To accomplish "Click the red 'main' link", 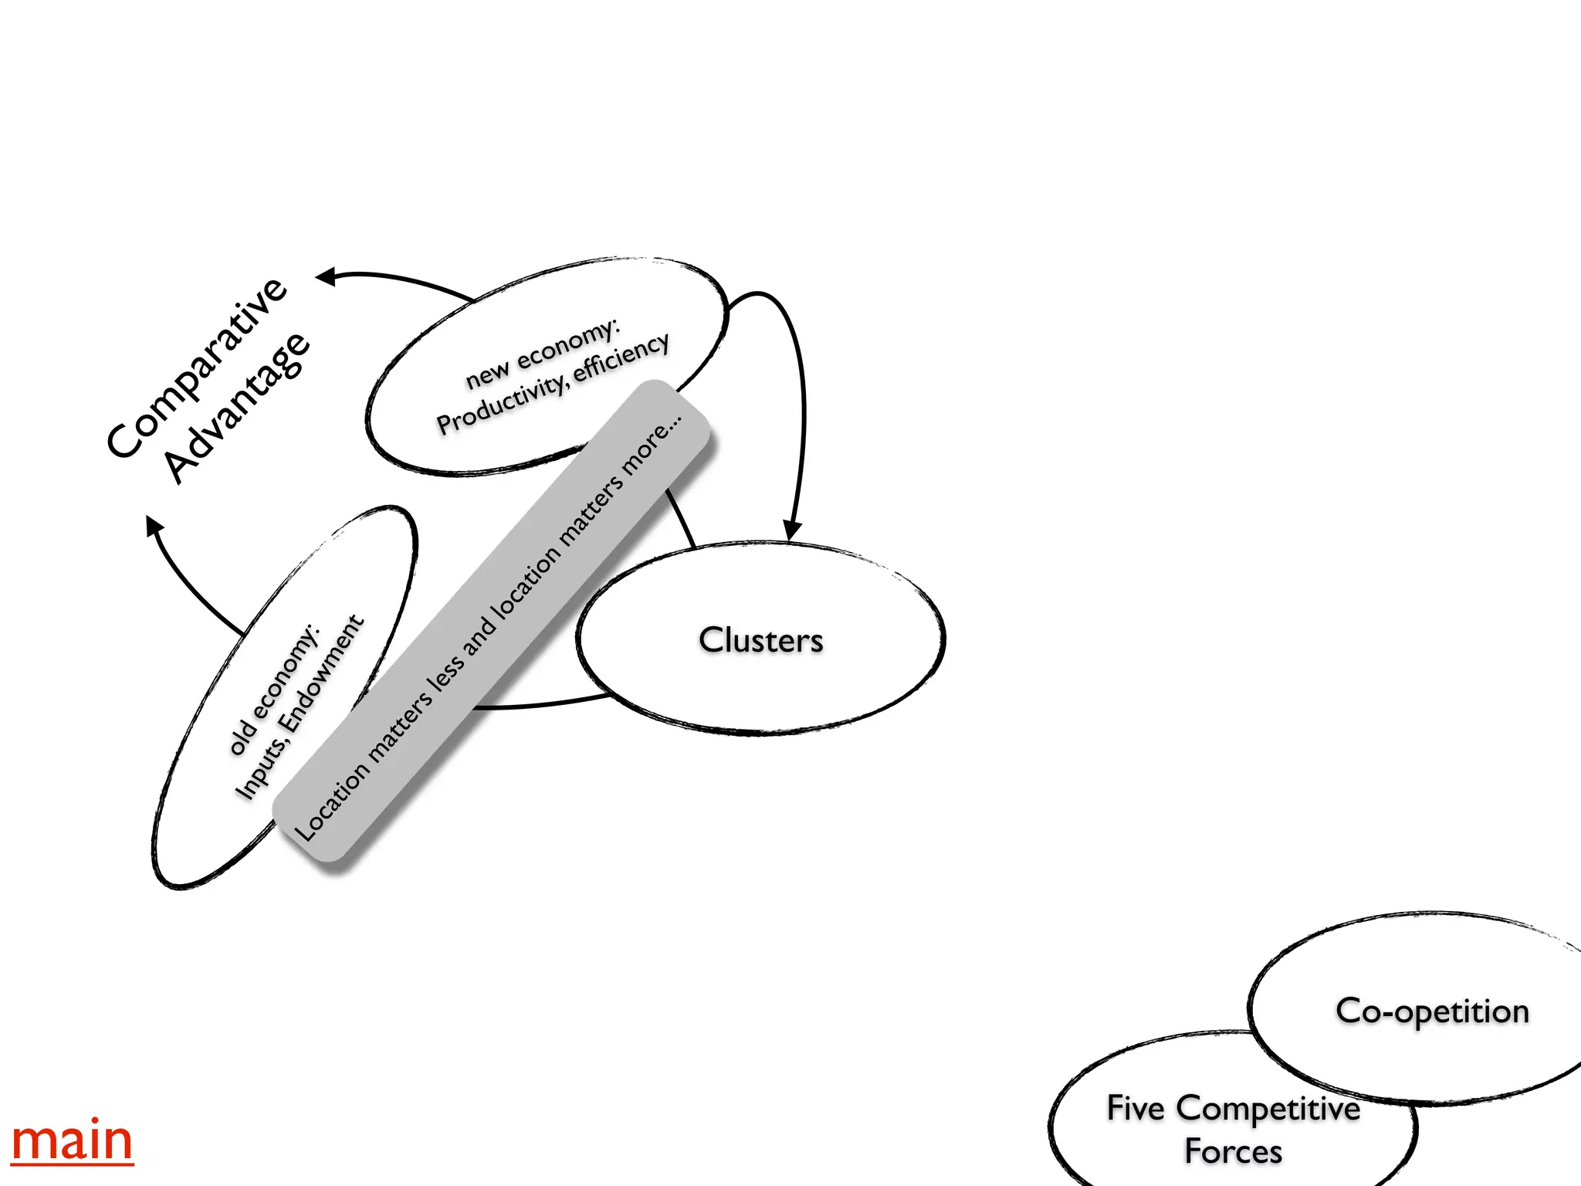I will pyautogui.click(x=72, y=1141).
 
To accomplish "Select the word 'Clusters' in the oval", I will pyautogui.click(x=760, y=640).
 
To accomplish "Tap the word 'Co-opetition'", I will pyautogui.click(x=1432, y=1011).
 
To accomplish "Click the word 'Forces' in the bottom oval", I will pyautogui.click(x=1233, y=1151).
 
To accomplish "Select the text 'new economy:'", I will pyautogui.click(x=542, y=354).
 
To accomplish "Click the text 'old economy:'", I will pyautogui.click(x=274, y=690).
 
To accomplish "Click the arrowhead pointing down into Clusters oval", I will pyautogui.click(x=792, y=530).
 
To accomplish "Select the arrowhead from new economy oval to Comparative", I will pyautogui.click(x=327, y=276).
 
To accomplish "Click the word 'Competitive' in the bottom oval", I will pyautogui.click(x=1268, y=1109).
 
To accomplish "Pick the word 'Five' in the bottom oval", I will pyautogui.click(x=1135, y=1108).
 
